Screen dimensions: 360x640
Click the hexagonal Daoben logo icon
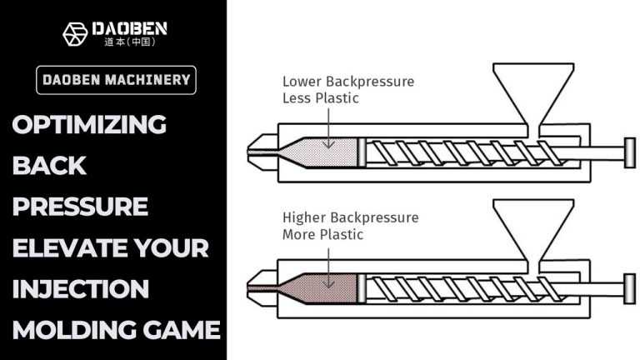pos(75,33)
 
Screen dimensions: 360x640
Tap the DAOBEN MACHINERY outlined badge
pos(117,80)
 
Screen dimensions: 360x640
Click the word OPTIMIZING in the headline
pos(89,125)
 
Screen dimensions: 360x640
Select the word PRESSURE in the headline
pos(80,206)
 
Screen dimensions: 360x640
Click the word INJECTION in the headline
pos(80,289)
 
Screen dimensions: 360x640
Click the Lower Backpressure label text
pos(347,82)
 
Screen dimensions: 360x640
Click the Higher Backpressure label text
pos(350,218)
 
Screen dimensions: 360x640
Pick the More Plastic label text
pos(322,234)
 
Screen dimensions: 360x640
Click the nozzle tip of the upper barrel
pos(255,152)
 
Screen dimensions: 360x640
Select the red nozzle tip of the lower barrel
pos(255,287)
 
